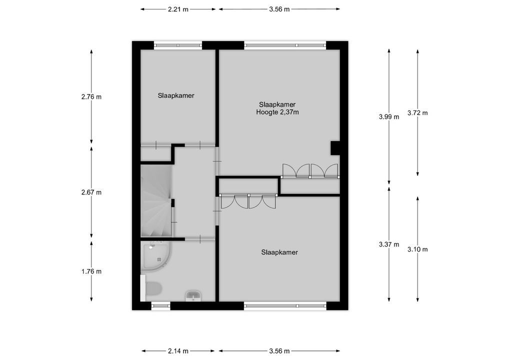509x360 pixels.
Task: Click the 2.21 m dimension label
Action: tap(178, 9)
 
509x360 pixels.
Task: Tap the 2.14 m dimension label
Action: tap(178, 351)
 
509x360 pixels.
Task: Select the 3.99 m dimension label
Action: tap(389, 117)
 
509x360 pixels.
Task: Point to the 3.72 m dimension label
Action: tap(417, 113)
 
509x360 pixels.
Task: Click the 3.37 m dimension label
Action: tap(389, 244)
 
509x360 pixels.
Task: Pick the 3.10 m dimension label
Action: tap(417, 249)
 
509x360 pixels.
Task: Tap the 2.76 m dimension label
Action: tap(91, 96)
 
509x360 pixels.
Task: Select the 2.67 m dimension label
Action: tap(91, 192)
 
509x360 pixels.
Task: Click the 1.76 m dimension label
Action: tap(91, 271)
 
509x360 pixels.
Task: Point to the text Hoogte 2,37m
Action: tap(277, 112)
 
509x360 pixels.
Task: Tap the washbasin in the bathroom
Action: tap(193, 295)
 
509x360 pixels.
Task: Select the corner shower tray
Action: tap(156, 255)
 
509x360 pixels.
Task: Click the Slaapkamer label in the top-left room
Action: tap(176, 95)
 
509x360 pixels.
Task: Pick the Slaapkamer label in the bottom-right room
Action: tap(279, 252)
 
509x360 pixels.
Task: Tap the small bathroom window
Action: tap(160, 305)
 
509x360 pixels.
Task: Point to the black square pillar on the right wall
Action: tap(335, 148)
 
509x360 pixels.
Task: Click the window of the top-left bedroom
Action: tap(178, 45)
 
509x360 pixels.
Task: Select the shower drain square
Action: tap(159, 259)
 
